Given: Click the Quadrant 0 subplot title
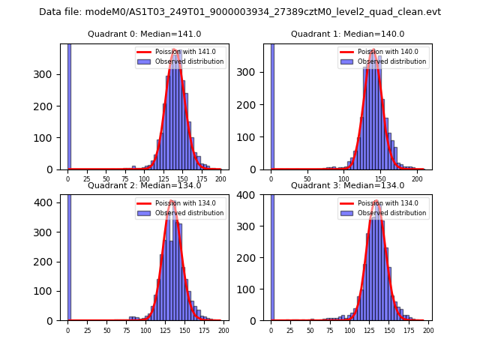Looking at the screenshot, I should [144, 34].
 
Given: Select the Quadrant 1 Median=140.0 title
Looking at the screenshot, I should [347, 34].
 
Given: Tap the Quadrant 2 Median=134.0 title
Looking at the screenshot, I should [144, 185].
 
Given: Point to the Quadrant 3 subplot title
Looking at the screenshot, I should [347, 185].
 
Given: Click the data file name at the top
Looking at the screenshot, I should [240, 12].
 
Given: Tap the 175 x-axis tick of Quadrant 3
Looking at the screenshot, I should [409, 331].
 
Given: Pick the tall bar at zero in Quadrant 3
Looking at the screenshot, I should [271, 258].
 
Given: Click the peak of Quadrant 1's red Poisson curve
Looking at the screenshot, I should [373, 51].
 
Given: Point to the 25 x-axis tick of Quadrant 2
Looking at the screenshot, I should [87, 331].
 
